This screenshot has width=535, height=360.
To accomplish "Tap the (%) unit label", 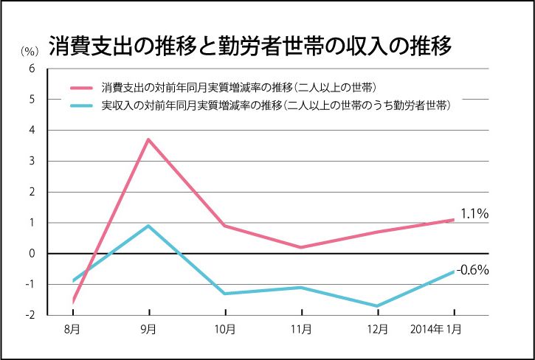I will [28, 51].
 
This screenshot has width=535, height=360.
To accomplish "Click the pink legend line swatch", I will [83, 86].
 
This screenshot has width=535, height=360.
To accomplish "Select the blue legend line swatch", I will [83, 106].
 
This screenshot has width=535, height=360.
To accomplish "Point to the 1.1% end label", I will [474, 214].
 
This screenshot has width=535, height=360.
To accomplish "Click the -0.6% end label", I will [473, 270].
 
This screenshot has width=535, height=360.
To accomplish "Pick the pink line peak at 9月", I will [148, 139].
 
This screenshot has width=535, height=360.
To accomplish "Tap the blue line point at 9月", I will [148, 226].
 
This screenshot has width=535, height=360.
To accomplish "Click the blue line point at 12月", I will [377, 306].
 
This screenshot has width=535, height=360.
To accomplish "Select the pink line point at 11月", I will [301, 247].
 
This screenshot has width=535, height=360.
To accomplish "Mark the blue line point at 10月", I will [225, 294].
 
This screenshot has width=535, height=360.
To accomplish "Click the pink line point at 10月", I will [225, 226].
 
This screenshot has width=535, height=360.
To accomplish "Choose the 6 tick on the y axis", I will [31, 68].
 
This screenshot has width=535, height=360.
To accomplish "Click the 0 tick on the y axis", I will [31, 254].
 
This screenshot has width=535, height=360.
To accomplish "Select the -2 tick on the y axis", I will [30, 315].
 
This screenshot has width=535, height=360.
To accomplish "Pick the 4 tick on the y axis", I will [31, 130].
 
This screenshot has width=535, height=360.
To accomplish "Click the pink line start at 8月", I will [73, 301].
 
